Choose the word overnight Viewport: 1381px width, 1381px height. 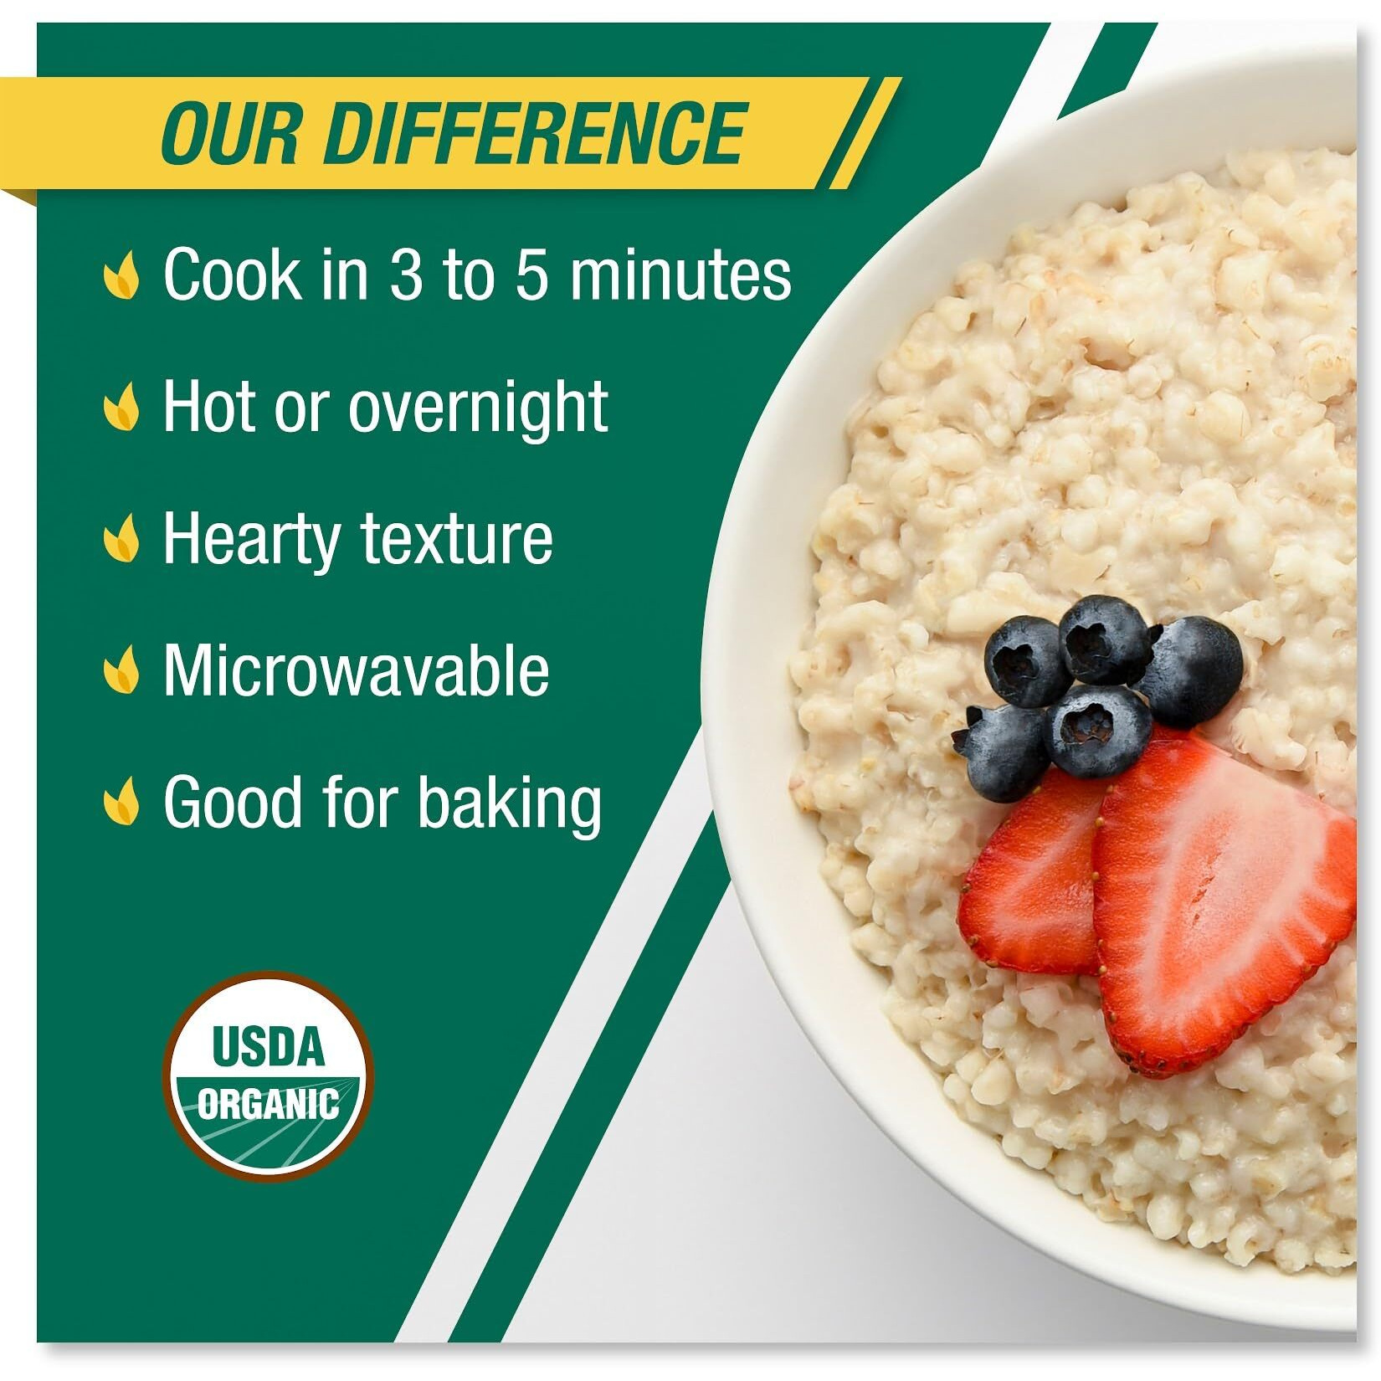(478, 408)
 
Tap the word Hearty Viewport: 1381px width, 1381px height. (249, 540)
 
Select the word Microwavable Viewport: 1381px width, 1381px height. (356, 670)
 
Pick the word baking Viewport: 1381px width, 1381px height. (509, 803)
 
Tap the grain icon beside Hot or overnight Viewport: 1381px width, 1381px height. (121, 407)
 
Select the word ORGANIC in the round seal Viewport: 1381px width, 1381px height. (268, 1105)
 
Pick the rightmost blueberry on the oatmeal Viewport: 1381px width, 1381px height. (1193, 670)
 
